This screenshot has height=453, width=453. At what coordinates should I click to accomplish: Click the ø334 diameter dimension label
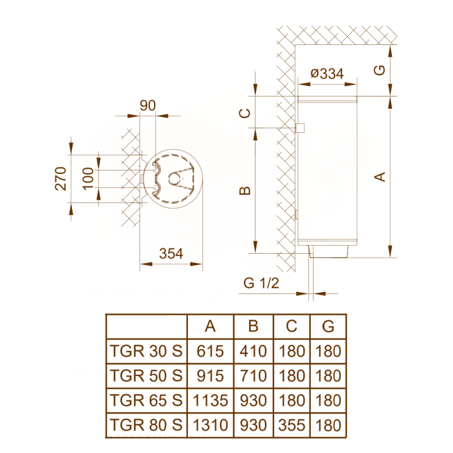click(x=327, y=74)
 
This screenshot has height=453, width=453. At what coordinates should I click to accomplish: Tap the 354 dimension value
click(x=171, y=254)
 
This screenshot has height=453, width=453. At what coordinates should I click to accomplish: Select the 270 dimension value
click(x=62, y=178)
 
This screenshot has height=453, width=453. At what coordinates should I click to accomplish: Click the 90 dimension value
click(x=148, y=106)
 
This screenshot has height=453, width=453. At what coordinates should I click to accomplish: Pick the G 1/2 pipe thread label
click(x=261, y=284)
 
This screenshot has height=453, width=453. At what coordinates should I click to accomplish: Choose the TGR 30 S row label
click(x=147, y=351)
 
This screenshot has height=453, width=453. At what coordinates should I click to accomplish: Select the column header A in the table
click(x=210, y=327)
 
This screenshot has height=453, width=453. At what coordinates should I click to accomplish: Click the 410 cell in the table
click(x=253, y=351)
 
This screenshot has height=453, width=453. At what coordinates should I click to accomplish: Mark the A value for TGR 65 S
click(x=210, y=400)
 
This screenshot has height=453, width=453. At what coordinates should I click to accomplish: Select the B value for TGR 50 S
click(x=253, y=375)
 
